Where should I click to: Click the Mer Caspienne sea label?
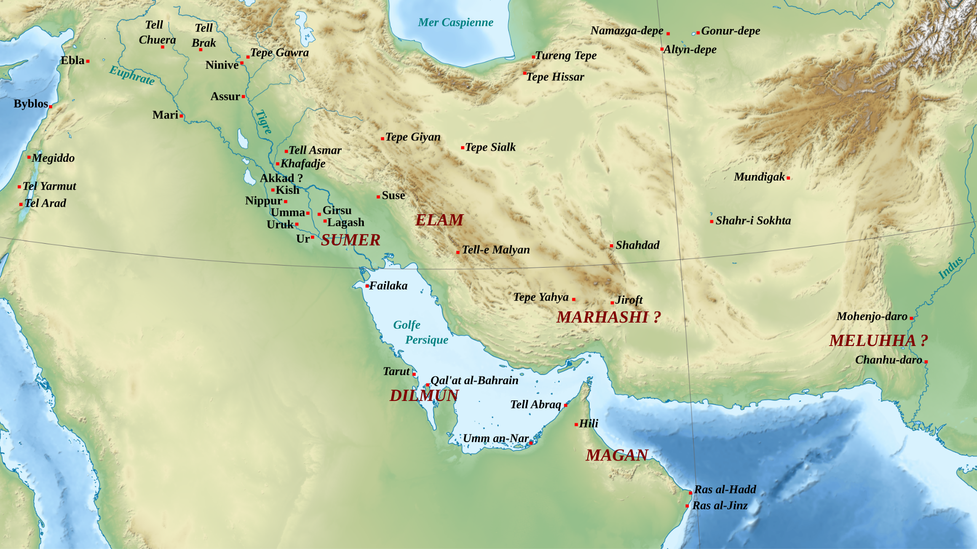(455, 22)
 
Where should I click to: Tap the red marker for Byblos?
(50, 106)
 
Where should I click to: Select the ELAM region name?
(439, 220)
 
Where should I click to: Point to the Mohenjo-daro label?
(872, 316)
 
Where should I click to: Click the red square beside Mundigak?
(788, 178)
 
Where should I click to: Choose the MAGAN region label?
(617, 455)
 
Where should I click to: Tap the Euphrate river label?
(132, 75)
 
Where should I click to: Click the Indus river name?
(950, 268)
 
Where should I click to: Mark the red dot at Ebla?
(88, 62)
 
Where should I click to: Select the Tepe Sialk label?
(490, 148)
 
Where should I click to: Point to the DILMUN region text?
(424, 395)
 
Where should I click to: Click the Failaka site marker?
(367, 286)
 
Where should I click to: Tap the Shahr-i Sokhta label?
(753, 221)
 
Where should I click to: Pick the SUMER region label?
(351, 240)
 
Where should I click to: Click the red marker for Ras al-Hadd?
(690, 493)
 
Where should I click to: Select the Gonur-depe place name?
(731, 31)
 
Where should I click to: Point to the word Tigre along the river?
(264, 122)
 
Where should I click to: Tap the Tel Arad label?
(45, 204)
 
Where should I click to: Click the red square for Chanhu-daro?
(926, 362)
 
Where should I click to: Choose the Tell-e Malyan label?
(496, 250)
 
